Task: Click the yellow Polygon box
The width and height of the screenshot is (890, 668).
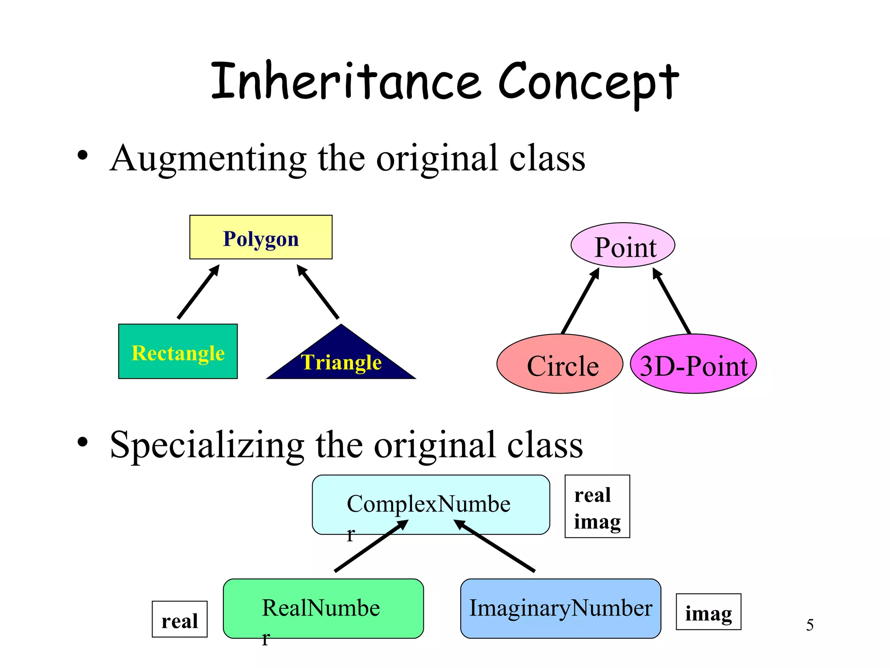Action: click(x=261, y=237)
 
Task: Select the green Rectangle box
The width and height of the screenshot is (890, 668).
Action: click(x=178, y=351)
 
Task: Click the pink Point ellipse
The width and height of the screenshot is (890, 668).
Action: click(x=623, y=245)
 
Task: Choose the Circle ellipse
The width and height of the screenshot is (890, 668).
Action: click(x=560, y=364)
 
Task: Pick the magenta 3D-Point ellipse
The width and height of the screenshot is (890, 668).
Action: click(x=693, y=364)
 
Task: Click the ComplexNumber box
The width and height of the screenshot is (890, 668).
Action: click(x=431, y=504)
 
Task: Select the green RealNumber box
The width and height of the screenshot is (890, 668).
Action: click(x=323, y=608)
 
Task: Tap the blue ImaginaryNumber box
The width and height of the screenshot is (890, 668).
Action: click(x=561, y=608)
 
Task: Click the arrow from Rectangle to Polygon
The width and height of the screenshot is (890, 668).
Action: click(x=198, y=292)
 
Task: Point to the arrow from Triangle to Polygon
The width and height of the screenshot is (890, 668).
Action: click(x=318, y=292)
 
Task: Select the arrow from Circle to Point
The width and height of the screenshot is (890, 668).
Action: click(x=580, y=301)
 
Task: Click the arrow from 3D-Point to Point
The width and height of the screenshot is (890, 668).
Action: click(x=672, y=301)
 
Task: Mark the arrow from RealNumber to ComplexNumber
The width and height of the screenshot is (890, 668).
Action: click(x=371, y=546)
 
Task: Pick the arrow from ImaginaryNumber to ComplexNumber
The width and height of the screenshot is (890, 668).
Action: click(x=495, y=546)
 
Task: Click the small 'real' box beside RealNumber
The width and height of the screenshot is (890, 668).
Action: click(x=179, y=619)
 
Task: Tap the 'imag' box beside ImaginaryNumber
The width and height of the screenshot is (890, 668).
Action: click(x=708, y=612)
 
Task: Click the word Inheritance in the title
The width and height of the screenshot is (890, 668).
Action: click(x=346, y=81)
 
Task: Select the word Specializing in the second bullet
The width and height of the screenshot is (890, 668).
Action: click(x=207, y=445)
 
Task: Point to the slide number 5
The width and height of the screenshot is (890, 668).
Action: click(x=810, y=625)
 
